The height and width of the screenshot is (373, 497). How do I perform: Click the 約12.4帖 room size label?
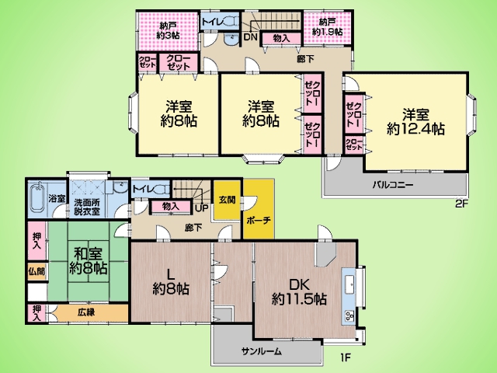415,129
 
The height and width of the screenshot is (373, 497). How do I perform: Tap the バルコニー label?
393,185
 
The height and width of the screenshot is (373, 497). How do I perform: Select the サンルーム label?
261,351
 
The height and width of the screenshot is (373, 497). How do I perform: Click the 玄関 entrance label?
227,200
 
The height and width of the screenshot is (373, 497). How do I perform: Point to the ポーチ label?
259,220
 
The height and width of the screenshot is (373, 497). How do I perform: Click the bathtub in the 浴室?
39,199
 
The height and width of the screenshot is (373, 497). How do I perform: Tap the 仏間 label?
36,271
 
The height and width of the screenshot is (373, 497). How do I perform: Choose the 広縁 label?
86,312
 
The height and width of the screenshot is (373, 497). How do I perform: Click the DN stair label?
250,37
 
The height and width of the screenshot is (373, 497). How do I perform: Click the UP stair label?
202,208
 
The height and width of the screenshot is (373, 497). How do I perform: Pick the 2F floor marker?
461,204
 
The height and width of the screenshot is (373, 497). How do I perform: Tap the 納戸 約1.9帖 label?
327,27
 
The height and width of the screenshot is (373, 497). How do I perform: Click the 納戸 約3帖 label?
169,30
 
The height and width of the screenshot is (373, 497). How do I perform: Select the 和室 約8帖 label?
88,261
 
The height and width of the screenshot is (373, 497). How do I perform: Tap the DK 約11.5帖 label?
299,292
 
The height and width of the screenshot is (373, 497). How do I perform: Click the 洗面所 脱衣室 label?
87,207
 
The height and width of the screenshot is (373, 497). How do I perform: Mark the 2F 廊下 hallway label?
305,59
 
